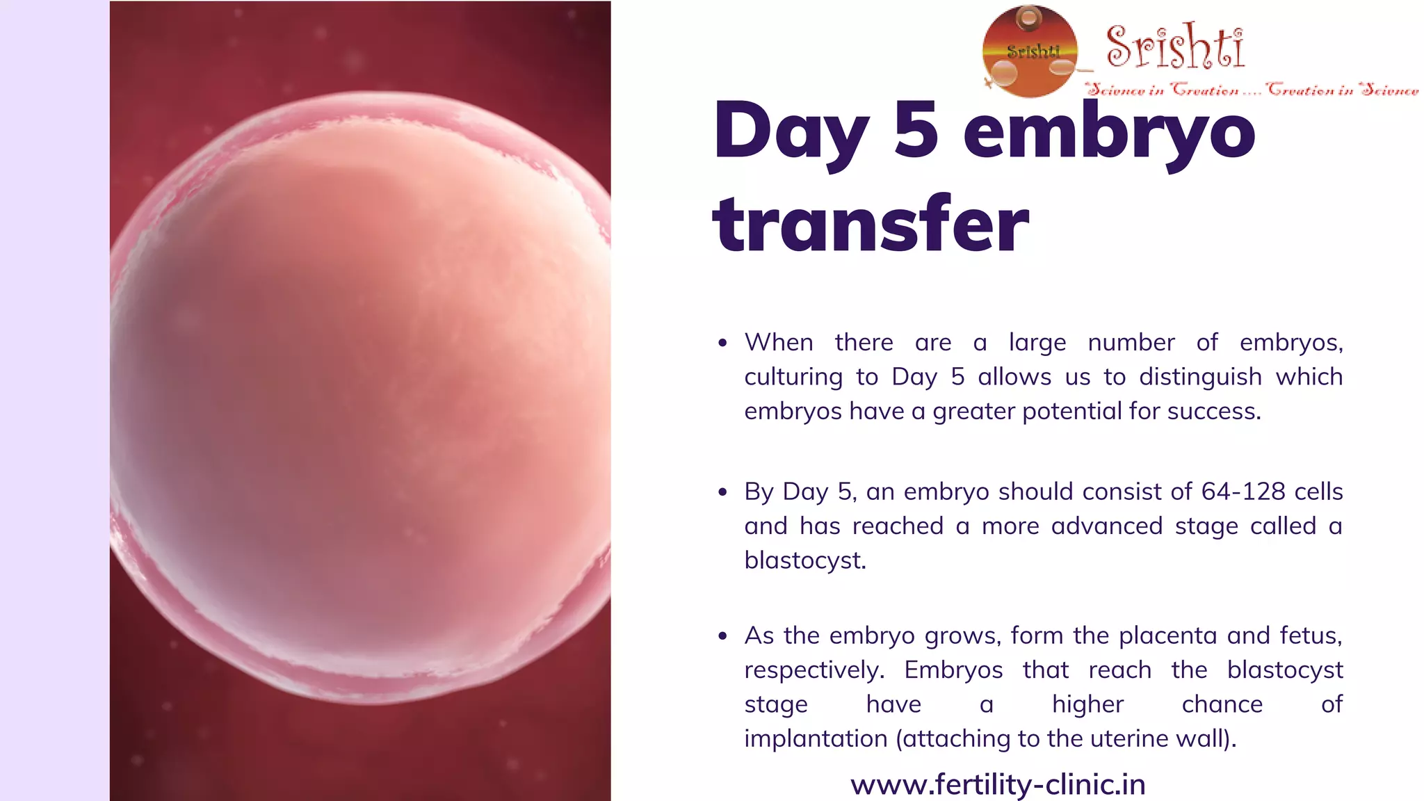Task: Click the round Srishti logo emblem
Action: tap(1030, 51)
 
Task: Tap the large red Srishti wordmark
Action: tap(1174, 47)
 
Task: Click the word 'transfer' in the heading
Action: tap(871, 224)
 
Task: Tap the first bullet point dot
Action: tap(723, 343)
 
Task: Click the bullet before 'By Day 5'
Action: tap(723, 492)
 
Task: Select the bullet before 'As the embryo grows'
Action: tap(723, 636)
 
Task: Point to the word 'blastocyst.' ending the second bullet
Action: tap(805, 560)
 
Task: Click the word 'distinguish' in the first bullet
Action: tap(1200, 377)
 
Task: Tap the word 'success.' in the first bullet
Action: tap(1214, 411)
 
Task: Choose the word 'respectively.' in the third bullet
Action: tap(814, 670)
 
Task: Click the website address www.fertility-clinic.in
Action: tap(998, 784)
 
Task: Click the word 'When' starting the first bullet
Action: tap(779, 342)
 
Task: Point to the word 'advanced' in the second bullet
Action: tap(1106, 526)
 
